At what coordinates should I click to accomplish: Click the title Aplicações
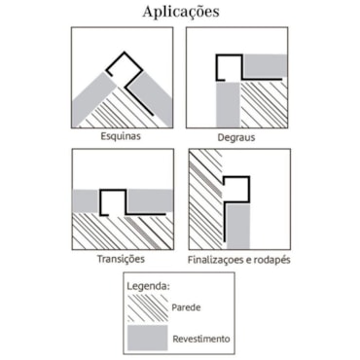tap(181, 13)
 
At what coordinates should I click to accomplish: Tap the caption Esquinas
tap(121, 136)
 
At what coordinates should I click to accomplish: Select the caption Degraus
tap(236, 137)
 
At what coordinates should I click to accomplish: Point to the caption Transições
tap(121, 259)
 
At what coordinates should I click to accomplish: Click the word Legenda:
tap(148, 287)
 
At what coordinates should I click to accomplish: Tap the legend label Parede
tap(186, 307)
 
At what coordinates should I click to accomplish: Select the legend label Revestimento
tap(201, 340)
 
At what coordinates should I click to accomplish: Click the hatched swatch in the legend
tap(148, 307)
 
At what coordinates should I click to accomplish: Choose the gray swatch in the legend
tap(148, 338)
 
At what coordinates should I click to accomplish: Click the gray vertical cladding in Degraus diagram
tap(229, 105)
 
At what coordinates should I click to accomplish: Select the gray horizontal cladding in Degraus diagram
tap(266, 66)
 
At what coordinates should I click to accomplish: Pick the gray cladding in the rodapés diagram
tap(238, 227)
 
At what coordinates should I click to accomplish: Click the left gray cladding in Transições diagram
tap(86, 200)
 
